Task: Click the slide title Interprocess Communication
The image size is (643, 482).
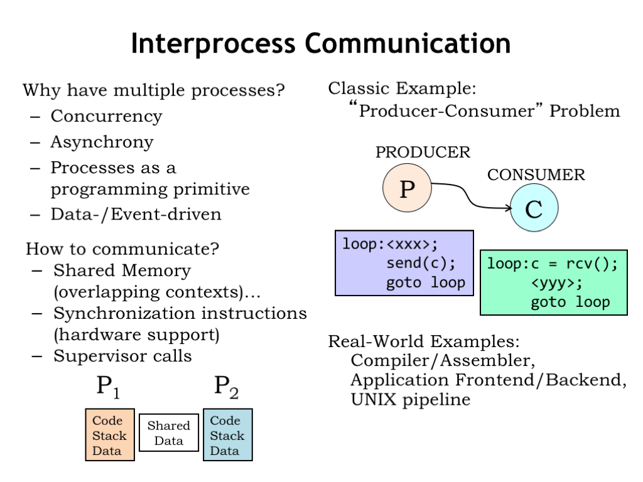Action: pos(321,44)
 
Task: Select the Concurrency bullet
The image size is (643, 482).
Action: pos(106,117)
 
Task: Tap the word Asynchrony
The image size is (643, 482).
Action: pos(102,142)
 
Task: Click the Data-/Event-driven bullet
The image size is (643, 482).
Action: pos(136,214)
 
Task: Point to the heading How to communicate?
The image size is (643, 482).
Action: pos(122,249)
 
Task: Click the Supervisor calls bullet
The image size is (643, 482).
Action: pos(122,356)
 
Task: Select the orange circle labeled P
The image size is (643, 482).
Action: pos(408,188)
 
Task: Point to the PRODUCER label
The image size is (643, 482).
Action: pos(423,153)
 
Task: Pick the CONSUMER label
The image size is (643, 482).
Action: pos(536,175)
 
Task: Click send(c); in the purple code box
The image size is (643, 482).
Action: pos(421,262)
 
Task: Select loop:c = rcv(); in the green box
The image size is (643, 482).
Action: pos(553,264)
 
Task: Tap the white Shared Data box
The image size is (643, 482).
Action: pos(168,432)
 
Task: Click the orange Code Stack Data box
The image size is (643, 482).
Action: pos(110,435)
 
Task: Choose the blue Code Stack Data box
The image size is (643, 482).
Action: pos(227,435)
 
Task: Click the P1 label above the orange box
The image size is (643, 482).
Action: pos(108,387)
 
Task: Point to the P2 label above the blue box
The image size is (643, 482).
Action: pos(226,387)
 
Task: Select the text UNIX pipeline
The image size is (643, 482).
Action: pos(410,399)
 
